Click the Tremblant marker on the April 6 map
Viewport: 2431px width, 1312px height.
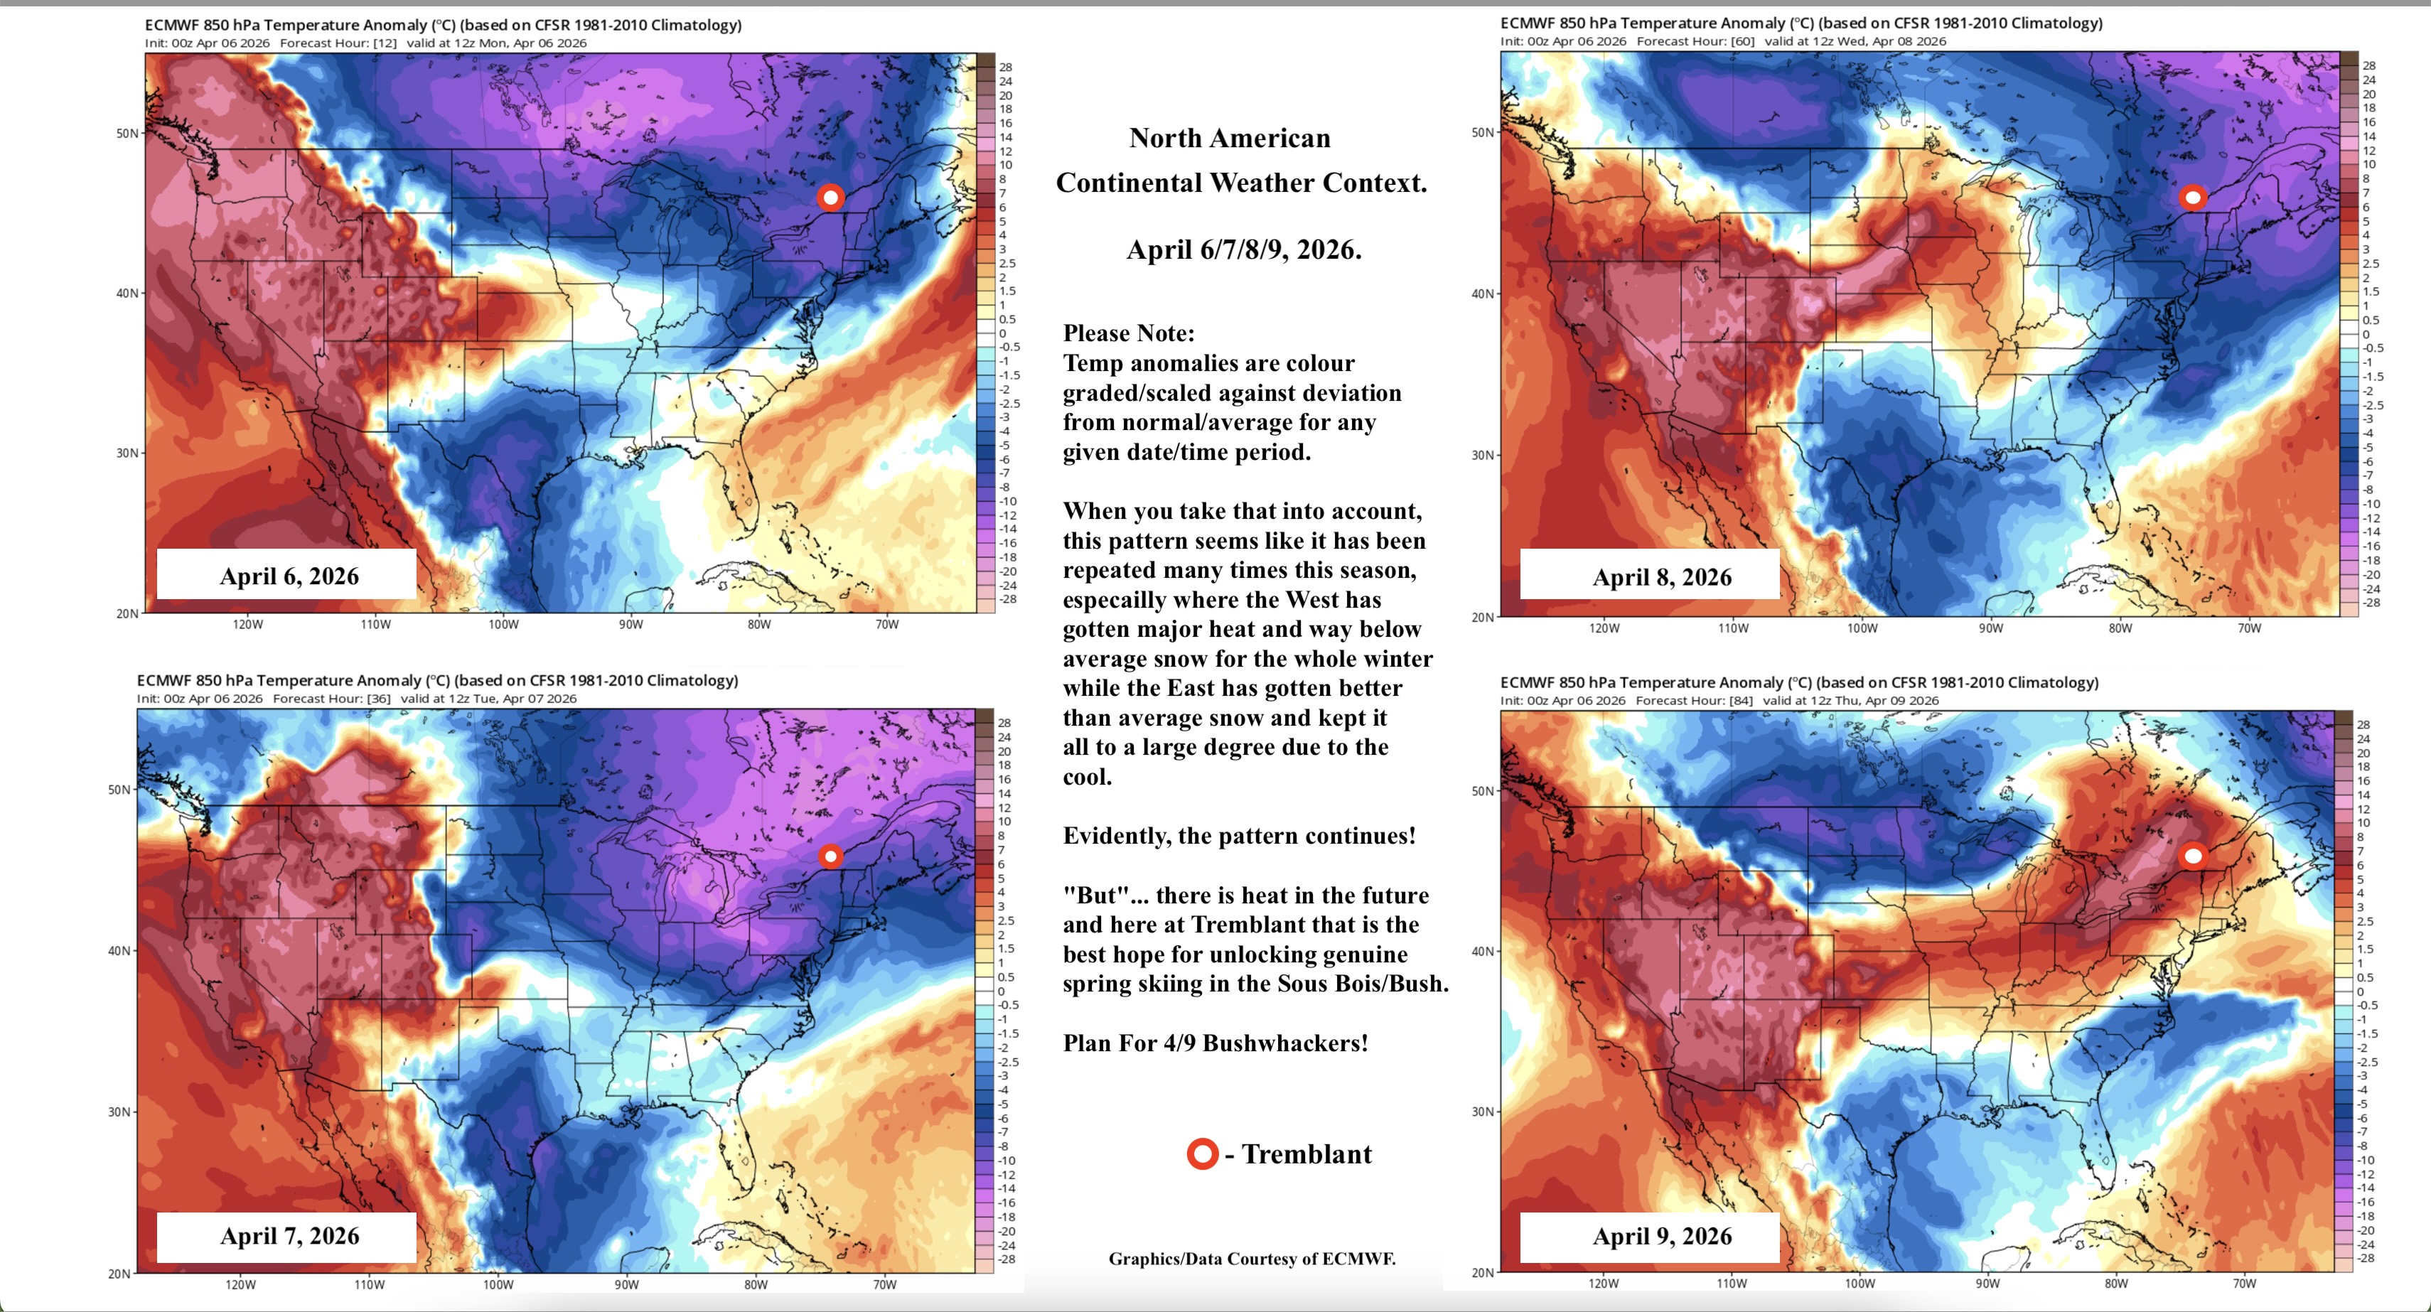point(830,198)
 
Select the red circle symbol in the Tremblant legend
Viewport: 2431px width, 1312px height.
point(1202,1154)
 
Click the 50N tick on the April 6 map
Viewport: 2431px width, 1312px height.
point(127,133)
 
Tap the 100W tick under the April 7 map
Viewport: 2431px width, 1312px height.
point(498,1284)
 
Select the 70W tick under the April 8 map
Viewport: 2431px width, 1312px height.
point(2249,628)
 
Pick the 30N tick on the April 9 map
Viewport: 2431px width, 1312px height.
point(1483,1112)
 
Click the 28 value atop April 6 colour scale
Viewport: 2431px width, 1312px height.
point(1006,67)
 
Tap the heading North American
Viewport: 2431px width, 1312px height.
point(1230,139)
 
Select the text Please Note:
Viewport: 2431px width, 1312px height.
point(1129,333)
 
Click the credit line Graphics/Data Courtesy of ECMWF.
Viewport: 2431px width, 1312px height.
point(1251,1258)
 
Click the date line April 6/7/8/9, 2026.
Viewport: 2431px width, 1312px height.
point(1244,250)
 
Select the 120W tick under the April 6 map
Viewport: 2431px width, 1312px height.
point(247,625)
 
